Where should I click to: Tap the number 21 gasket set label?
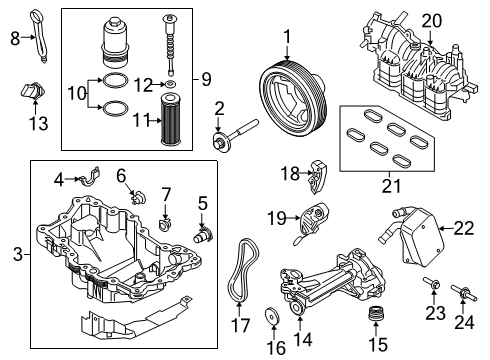[385, 183]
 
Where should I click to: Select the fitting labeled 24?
[467, 295]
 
